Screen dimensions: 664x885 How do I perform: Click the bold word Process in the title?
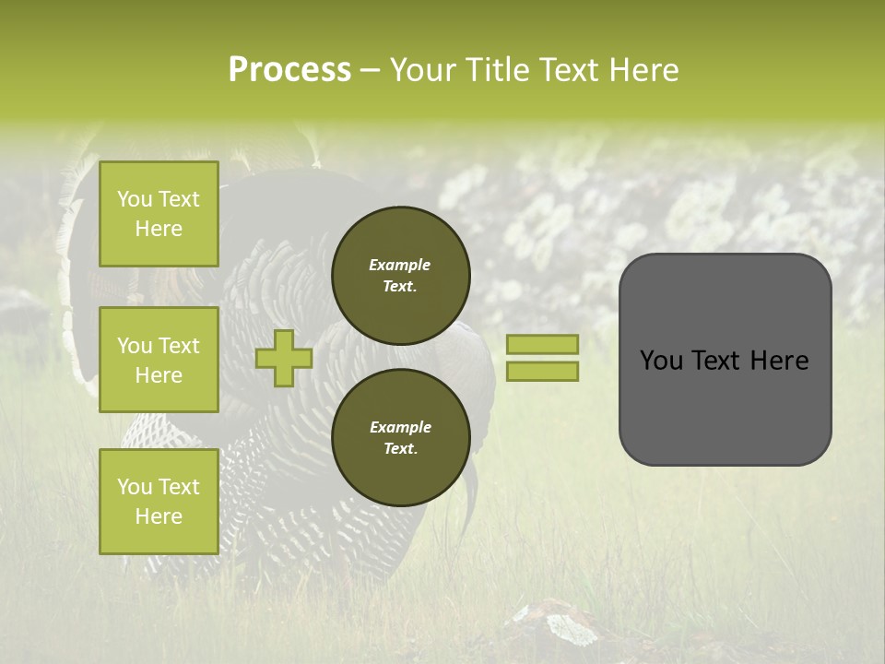[x=289, y=70]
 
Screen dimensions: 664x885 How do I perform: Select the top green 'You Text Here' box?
[x=159, y=214]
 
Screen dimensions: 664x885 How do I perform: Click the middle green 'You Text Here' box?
[x=159, y=360]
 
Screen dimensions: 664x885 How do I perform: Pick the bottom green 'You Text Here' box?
[x=159, y=502]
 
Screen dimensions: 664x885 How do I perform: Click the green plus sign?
[x=283, y=358]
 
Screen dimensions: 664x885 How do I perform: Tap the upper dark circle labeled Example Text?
[x=400, y=275]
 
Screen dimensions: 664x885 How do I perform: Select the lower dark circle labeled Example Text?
[x=400, y=437]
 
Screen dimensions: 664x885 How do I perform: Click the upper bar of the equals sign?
[x=542, y=344]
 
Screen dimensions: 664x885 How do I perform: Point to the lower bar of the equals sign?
[x=542, y=371]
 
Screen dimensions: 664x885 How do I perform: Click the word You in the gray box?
[x=661, y=361]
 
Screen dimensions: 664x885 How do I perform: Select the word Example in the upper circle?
[x=400, y=265]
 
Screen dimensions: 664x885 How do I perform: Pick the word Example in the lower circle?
[x=400, y=427]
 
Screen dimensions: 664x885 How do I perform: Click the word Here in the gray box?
[x=780, y=361]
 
